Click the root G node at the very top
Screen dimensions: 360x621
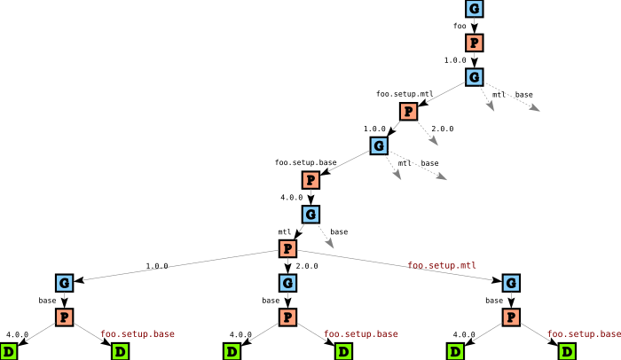pyautogui.click(x=475, y=9)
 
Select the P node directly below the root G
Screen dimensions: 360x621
pyautogui.click(x=475, y=43)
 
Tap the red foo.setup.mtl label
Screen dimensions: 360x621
pyautogui.click(x=443, y=265)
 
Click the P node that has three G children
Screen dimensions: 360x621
pyautogui.click(x=287, y=249)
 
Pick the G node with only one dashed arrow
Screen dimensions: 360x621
pyautogui.click(x=310, y=215)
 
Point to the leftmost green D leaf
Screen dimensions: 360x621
pyautogui.click(x=9, y=352)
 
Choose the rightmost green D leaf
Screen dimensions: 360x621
pyautogui.click(x=567, y=352)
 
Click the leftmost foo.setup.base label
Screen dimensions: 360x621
pyautogui.click(x=138, y=334)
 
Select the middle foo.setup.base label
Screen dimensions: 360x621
pyautogui.click(x=361, y=334)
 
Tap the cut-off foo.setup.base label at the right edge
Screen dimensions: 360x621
pyautogui.click(x=584, y=334)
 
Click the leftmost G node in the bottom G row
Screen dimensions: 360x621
pyautogui.click(x=64, y=283)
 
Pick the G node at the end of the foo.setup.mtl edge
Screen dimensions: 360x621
pyautogui.click(x=511, y=283)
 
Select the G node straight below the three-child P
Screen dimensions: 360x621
pyautogui.click(x=287, y=283)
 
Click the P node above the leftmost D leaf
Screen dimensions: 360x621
pyautogui.click(x=64, y=317)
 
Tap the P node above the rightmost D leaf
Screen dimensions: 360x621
pyautogui.click(x=511, y=317)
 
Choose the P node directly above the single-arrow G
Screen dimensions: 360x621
pyautogui.click(x=310, y=180)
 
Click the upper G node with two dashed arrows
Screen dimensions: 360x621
pyautogui.click(x=475, y=77)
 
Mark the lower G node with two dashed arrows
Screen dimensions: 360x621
pyautogui.click(x=379, y=145)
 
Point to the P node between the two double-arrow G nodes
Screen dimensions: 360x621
pyautogui.click(x=408, y=112)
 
